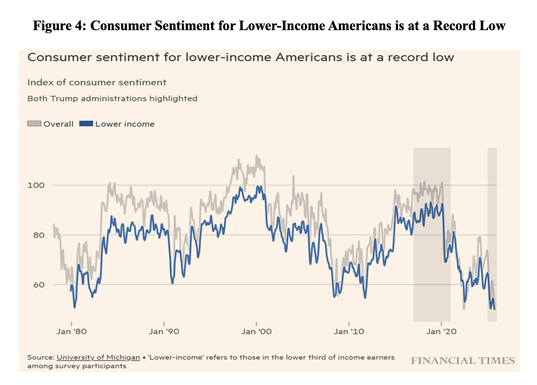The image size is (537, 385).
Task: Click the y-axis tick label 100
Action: (x=36, y=185)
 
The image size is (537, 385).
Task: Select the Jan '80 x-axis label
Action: (x=72, y=331)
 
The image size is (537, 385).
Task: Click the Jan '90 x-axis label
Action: (x=164, y=331)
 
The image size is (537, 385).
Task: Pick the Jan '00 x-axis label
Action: (x=256, y=331)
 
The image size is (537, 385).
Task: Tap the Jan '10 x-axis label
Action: (x=349, y=331)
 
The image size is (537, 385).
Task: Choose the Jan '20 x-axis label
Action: (x=441, y=331)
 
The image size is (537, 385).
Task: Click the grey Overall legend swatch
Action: (x=34, y=124)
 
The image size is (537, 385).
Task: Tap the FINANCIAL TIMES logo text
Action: (x=463, y=361)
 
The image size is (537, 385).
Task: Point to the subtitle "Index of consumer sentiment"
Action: (x=97, y=82)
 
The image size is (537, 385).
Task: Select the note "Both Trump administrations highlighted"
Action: (x=112, y=99)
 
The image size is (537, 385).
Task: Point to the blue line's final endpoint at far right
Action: (x=495, y=309)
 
